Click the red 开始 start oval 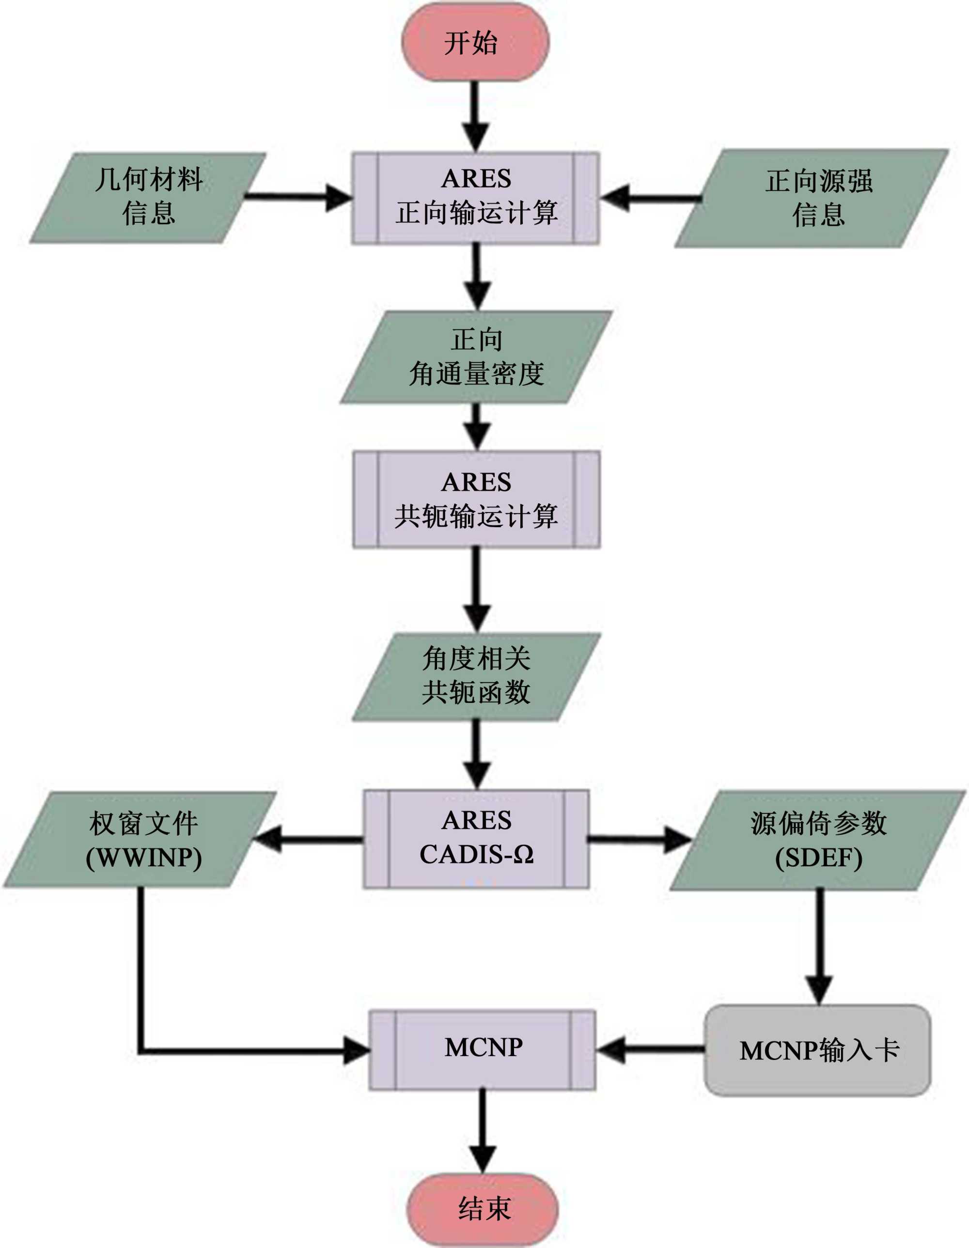pos(475,42)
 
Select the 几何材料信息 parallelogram pos(148,197)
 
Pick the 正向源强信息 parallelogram pos(812,198)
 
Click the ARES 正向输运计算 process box pos(475,198)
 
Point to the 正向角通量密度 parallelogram pos(476,358)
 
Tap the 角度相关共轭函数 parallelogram pos(476,677)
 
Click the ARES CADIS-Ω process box pos(476,838)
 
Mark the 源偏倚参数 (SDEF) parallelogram pos(818,840)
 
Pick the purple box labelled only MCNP pos(483,1049)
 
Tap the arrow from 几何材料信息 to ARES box pos(297,198)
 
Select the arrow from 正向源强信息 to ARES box pos(651,198)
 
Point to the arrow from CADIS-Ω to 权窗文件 pos(309,840)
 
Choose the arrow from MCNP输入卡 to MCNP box pos(651,1049)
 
